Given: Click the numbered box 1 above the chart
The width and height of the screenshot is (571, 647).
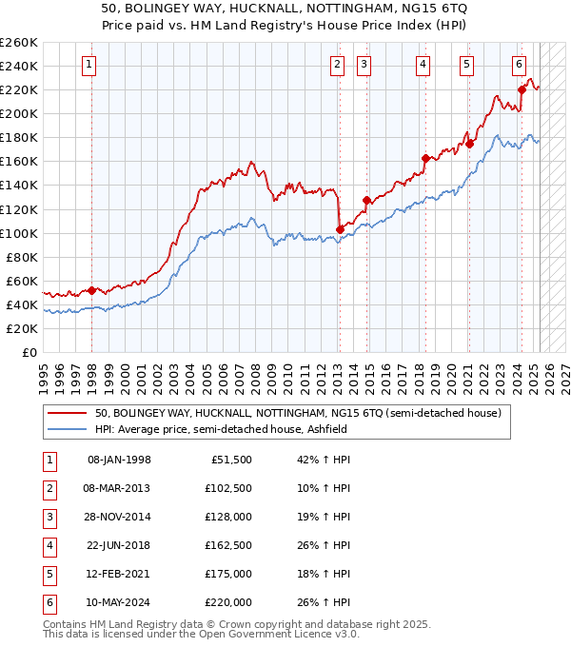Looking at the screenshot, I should click(x=89, y=65).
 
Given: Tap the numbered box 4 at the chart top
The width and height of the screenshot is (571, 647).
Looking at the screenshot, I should click(x=422, y=65).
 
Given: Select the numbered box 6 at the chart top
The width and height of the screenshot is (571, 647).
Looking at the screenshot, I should click(x=519, y=65).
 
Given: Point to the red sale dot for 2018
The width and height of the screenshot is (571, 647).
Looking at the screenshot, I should click(x=425, y=158).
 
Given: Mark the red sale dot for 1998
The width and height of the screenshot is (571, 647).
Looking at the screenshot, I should click(x=91, y=290).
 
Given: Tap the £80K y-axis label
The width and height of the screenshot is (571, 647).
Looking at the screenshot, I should click(x=22, y=257).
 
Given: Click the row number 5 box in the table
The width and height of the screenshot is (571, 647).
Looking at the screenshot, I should click(x=49, y=575).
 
